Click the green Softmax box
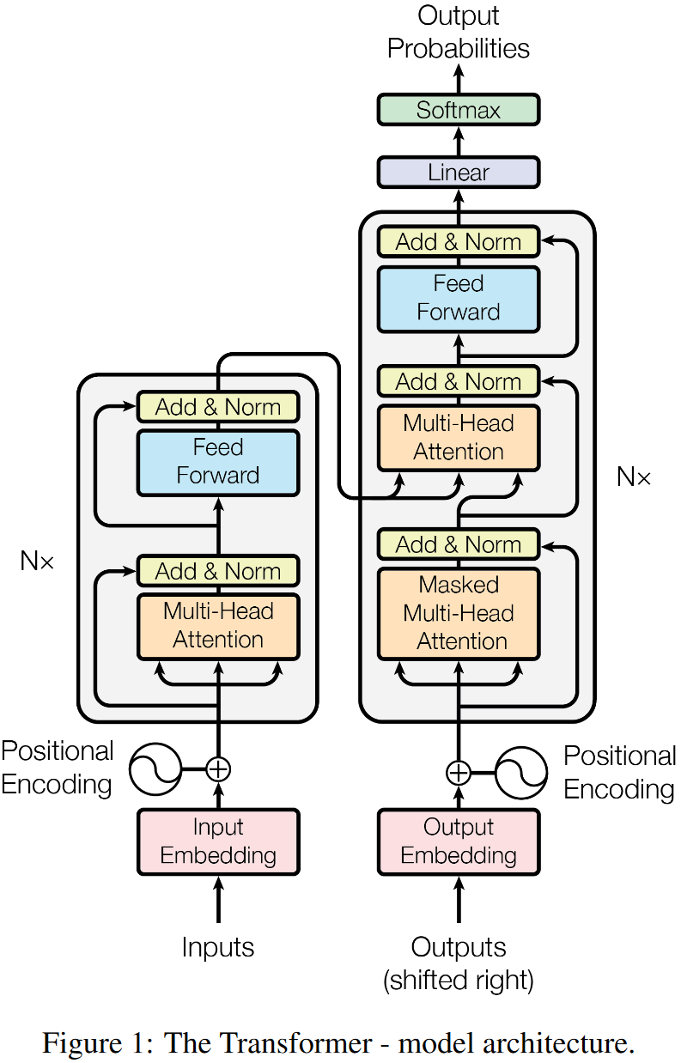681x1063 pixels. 458,110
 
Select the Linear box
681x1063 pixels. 458,173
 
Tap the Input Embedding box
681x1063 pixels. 218,841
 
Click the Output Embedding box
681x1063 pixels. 458,841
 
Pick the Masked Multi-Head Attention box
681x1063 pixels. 458,613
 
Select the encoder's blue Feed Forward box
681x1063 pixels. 218,462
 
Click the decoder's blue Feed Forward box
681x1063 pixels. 458,298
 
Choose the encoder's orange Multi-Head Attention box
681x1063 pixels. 218,626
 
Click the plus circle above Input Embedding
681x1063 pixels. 218,768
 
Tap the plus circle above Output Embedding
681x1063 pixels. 458,772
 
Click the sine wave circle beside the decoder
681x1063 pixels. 521,772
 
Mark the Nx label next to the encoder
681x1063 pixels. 37,562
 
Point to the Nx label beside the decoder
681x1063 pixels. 634,477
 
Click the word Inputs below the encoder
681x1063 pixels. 218,947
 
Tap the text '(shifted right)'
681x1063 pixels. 458,980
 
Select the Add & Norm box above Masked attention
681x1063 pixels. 458,545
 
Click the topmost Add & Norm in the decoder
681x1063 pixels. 458,242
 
